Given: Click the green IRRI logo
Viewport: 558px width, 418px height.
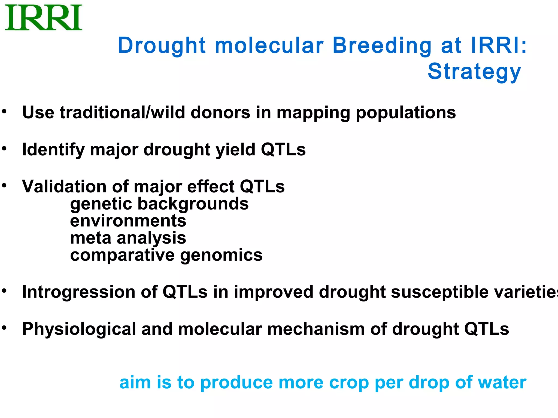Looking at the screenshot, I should tap(44, 17).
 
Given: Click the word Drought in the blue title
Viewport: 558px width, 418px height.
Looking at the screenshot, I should tap(161, 45).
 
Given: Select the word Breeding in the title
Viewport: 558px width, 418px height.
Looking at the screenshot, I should tap(382, 45).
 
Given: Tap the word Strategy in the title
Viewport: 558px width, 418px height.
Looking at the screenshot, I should tap(474, 71).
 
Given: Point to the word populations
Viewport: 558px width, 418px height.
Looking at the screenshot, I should tap(406, 113).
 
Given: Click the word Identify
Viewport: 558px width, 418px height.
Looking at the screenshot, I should tap(53, 150).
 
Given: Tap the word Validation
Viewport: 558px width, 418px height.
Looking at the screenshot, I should tap(64, 186).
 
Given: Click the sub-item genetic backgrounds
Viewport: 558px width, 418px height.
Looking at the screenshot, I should tap(159, 204).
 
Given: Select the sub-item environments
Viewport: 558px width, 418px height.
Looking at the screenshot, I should tap(128, 221).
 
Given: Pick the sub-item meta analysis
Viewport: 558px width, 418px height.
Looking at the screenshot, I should tap(128, 238).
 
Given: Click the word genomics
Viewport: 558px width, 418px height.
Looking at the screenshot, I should tap(221, 255).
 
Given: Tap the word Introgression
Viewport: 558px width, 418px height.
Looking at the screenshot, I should tap(78, 292).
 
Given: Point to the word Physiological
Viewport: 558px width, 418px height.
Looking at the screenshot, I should tap(79, 329).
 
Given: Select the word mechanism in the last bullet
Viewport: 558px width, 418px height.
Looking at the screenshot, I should tap(316, 329).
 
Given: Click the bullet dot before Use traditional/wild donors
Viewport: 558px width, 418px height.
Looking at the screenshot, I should tap(4, 111).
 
